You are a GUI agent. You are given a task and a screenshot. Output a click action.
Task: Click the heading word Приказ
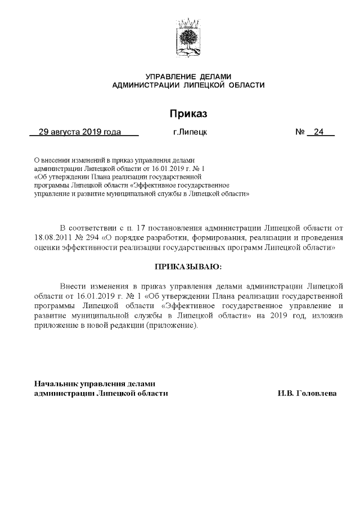188,114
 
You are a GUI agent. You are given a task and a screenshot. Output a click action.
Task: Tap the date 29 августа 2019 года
79,133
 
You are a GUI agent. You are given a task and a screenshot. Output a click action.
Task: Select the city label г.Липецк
190,133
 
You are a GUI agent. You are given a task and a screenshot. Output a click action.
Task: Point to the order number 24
319,133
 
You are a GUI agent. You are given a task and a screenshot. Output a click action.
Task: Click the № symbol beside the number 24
300,133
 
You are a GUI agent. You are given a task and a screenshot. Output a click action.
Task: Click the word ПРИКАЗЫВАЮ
188,265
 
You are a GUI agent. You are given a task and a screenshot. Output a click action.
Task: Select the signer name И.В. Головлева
307,394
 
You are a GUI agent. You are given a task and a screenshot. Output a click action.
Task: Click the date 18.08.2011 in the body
52,237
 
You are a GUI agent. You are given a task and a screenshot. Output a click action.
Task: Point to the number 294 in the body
91,237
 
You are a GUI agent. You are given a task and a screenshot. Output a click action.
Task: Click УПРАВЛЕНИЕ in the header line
163,76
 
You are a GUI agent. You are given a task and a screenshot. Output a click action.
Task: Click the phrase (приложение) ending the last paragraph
172,327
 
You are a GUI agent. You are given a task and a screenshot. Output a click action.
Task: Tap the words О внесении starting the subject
51,160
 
